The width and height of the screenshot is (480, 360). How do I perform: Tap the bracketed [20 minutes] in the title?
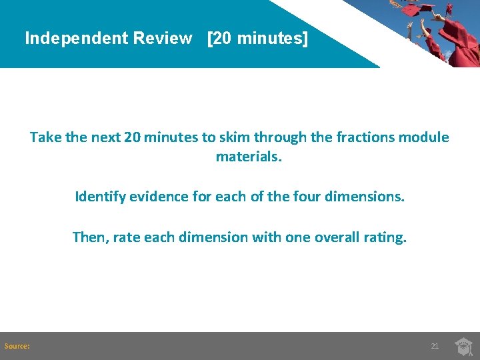(x=258, y=38)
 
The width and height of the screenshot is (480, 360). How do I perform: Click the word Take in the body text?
(x=45, y=137)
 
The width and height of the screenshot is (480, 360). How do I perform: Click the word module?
(x=426, y=137)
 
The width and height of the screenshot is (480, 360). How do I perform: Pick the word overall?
(x=331, y=237)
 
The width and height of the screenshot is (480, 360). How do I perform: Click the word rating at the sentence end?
(x=381, y=237)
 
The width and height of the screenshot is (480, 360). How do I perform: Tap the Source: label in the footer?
(x=17, y=346)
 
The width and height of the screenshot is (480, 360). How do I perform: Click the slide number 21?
(x=435, y=346)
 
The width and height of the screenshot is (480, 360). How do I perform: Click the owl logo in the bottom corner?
(x=463, y=346)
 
